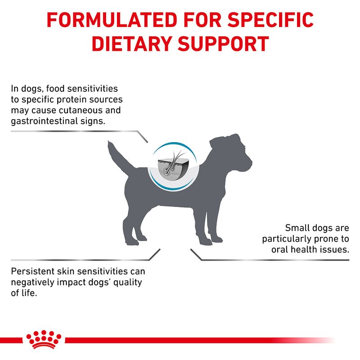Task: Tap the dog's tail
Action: (114, 153)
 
